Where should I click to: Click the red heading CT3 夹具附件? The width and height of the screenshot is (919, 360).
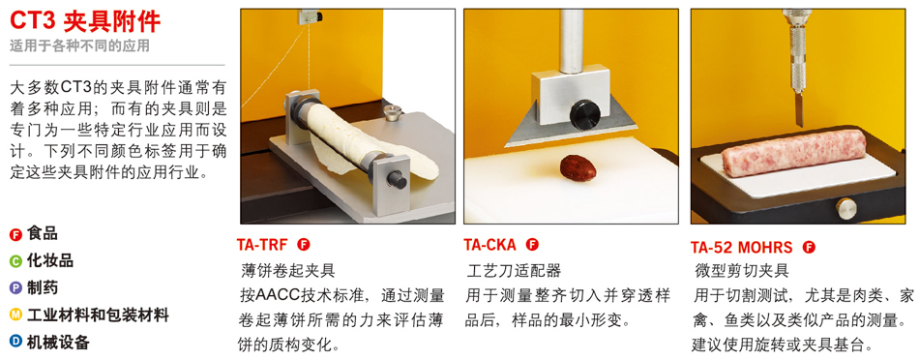tap(85, 21)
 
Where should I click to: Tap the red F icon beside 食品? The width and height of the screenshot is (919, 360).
tap(15, 234)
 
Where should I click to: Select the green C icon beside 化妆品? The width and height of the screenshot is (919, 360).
tap(15, 261)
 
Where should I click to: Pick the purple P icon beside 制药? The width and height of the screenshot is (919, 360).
tap(15, 288)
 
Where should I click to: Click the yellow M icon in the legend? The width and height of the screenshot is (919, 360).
tap(15, 315)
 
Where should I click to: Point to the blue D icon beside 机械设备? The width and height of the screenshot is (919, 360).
tap(15, 342)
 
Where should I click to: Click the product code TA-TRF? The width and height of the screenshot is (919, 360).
tap(262, 245)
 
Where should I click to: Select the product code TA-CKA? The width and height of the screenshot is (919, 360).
tap(490, 245)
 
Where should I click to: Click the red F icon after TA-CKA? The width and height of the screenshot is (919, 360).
tap(532, 245)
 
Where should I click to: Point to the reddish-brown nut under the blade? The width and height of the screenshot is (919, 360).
tap(578, 167)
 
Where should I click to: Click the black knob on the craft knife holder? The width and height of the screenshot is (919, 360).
tap(585, 114)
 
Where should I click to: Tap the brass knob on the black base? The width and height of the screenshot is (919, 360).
tap(845, 208)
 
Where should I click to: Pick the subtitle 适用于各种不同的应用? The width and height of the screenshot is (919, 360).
tap(79, 45)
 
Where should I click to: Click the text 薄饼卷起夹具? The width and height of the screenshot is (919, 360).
tap(287, 270)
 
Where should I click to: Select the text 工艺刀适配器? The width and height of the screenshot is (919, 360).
tap(514, 270)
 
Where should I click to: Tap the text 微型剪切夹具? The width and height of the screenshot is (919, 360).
tap(741, 270)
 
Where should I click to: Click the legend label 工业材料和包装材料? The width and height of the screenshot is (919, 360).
tap(98, 315)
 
